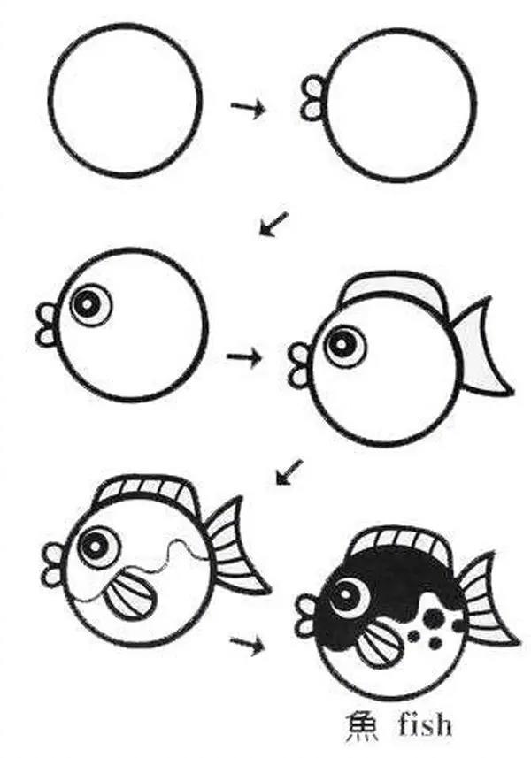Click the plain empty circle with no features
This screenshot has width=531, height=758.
[125, 100]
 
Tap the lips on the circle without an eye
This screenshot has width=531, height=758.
[312, 96]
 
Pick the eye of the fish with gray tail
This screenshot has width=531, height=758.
[343, 344]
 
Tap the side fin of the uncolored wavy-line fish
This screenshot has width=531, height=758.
[128, 597]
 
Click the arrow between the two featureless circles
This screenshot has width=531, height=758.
[248, 107]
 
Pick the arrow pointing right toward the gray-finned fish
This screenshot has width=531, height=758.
[244, 357]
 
